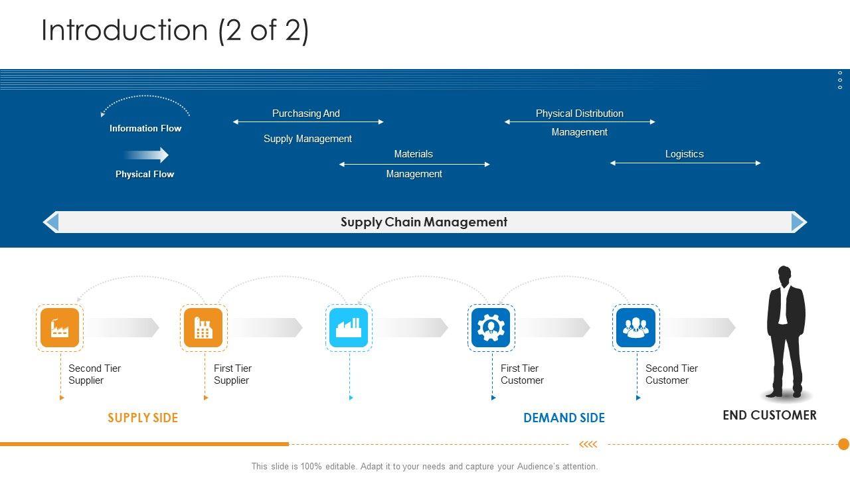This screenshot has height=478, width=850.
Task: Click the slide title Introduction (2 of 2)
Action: tap(175, 31)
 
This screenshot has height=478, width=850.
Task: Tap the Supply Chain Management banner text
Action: tap(424, 222)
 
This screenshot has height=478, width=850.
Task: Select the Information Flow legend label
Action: tap(145, 128)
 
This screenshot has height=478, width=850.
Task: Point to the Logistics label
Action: tap(684, 154)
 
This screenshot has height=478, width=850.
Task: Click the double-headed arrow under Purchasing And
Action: tap(308, 122)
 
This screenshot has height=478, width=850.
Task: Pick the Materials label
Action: tap(413, 154)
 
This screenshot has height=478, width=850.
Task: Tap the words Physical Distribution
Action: tap(579, 114)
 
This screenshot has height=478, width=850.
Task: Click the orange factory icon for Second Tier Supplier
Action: tap(60, 327)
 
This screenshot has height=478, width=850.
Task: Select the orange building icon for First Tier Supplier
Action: tap(203, 327)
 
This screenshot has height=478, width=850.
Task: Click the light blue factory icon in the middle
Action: tap(349, 327)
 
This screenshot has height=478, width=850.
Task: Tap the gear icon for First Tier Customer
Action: tap(491, 327)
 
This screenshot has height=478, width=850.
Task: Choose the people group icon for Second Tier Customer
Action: tap(636, 327)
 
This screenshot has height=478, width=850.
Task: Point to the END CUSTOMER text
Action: tap(769, 416)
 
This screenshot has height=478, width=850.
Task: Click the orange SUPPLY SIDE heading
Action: tap(143, 418)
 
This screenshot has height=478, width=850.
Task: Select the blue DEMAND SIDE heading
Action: tap(564, 418)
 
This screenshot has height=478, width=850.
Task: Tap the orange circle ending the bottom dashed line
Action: tap(843, 444)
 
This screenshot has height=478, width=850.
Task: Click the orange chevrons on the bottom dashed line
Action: tap(588, 444)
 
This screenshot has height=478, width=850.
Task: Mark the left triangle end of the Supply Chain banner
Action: tap(51, 222)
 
